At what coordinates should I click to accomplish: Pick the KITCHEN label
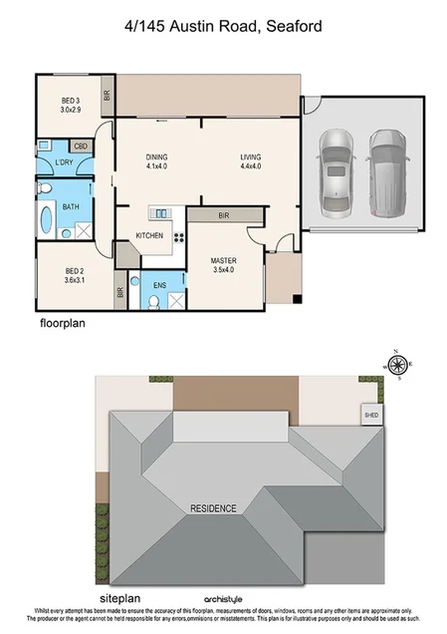(150, 236)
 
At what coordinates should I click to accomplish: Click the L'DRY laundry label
(65, 162)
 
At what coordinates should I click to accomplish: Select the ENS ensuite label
(159, 284)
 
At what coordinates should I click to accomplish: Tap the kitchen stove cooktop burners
(180, 236)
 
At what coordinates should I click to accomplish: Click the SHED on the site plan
(370, 415)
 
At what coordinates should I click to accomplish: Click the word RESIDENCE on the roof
(213, 508)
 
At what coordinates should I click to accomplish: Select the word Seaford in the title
(292, 28)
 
